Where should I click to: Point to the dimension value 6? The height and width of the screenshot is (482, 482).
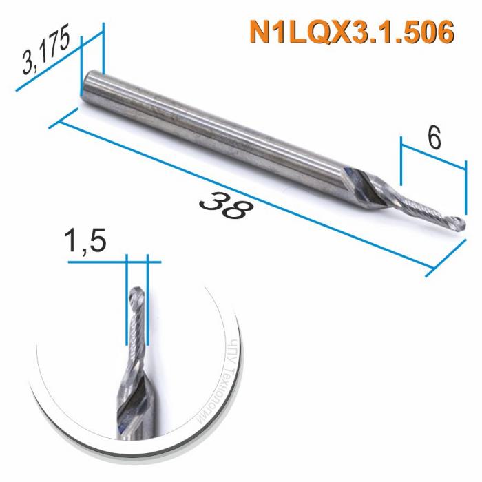433,138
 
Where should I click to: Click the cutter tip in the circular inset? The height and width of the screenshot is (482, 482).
136,297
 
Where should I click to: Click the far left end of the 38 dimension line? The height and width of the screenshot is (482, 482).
53,125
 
